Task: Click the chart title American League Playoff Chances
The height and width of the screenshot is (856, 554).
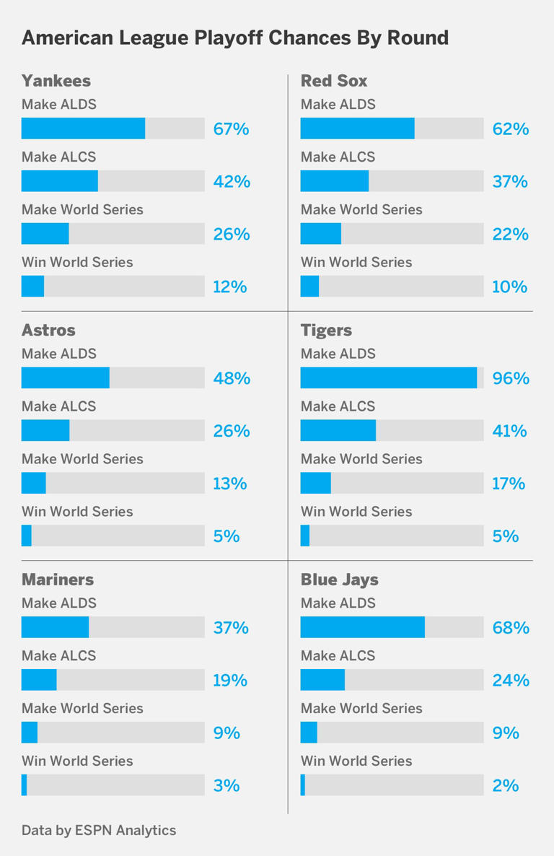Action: [x=234, y=38]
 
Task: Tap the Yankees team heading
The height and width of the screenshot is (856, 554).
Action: [x=56, y=80]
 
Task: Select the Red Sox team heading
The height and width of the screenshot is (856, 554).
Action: [x=334, y=80]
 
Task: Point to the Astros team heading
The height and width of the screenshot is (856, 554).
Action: [x=48, y=330]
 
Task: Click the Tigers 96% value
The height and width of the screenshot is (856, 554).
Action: [x=511, y=378]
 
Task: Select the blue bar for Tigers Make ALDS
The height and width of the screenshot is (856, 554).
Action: [x=388, y=378]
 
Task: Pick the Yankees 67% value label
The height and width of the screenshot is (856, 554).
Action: [x=231, y=129]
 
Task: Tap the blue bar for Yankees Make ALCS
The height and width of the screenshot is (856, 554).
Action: [x=60, y=181]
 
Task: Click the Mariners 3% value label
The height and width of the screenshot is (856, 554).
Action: [x=227, y=785]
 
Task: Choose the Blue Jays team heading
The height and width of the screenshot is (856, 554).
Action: [x=339, y=580]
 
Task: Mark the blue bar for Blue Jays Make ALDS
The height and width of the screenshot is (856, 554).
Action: [x=362, y=627]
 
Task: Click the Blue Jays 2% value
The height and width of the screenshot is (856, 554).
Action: [x=506, y=785]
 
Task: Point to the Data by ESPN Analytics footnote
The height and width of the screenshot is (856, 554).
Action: [x=99, y=830]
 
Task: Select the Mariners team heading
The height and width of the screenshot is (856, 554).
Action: [x=58, y=580]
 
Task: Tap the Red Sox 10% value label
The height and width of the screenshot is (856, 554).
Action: [x=510, y=287]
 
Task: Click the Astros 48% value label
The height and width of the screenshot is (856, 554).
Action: [x=232, y=378]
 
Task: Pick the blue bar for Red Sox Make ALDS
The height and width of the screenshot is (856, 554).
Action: [x=357, y=128]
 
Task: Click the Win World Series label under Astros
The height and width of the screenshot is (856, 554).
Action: [x=77, y=511]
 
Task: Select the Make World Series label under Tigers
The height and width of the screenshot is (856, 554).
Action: [x=361, y=458]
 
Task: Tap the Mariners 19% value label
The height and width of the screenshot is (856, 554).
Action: [x=230, y=680]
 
